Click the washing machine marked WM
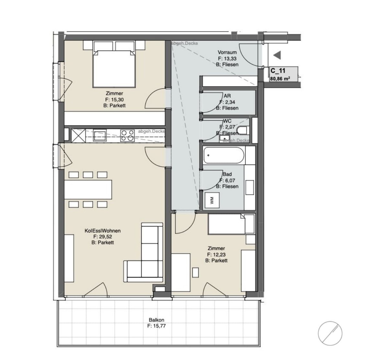pyautogui.click(x=212, y=200)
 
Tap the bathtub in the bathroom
pyautogui.click(x=224, y=155)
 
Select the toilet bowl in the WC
pyautogui.click(x=242, y=130)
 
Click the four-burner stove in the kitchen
pyautogui.click(x=127, y=135)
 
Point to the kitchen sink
pyautogui.click(x=100, y=135)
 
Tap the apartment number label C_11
pyautogui.click(x=278, y=71)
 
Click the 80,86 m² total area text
pyautogui.click(x=280, y=79)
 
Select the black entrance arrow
pyautogui.click(x=277, y=55)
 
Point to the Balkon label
pyautogui.click(x=156, y=320)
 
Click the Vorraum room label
pyautogui.click(x=227, y=52)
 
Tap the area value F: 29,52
pyautogui.click(x=102, y=237)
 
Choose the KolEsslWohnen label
pyautogui.click(x=102, y=231)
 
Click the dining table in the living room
pyautogui.click(x=88, y=190)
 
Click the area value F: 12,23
pyautogui.click(x=216, y=254)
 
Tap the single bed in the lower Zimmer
pyautogui.click(x=231, y=224)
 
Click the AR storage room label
pyautogui.click(x=227, y=96)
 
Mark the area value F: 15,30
pyautogui.click(x=114, y=99)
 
